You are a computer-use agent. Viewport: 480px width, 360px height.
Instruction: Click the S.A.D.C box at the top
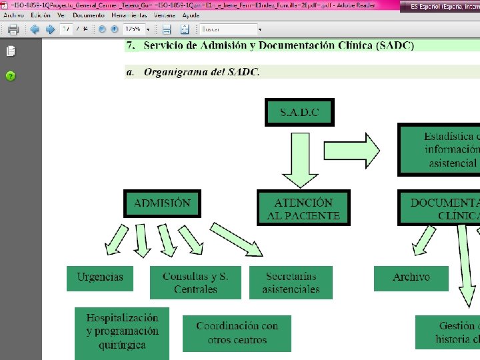pos(299,112)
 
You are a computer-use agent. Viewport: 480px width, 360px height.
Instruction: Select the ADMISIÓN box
pos(162,203)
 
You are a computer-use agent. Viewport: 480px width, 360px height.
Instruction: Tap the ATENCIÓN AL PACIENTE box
pos(303,209)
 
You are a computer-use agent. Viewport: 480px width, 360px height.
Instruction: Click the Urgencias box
pos(99,277)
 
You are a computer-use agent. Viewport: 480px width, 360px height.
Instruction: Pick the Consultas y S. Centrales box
pos(195,283)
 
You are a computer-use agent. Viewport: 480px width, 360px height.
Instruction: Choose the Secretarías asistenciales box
pos(291,283)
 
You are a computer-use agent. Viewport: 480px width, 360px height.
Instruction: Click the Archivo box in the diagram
pos(411,277)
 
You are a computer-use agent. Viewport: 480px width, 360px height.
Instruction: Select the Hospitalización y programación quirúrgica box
pos(122,332)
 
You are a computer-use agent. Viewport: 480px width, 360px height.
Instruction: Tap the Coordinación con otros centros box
pos(237,333)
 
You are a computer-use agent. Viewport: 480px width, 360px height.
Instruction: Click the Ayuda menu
pos(191,15)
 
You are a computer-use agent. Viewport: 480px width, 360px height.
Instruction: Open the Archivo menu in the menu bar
pos(13,15)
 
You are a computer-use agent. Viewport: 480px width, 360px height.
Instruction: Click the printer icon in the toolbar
pos(13,29)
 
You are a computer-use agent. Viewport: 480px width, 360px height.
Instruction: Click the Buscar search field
pos(227,29)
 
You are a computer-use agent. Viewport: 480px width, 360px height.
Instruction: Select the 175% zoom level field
pos(137,29)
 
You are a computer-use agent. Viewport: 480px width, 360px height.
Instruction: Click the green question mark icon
pos(11,75)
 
